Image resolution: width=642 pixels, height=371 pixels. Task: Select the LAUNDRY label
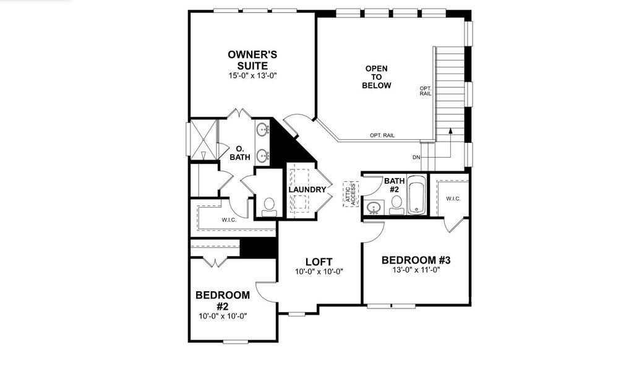pyautogui.click(x=307, y=189)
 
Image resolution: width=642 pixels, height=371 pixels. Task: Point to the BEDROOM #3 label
pyautogui.click(x=416, y=260)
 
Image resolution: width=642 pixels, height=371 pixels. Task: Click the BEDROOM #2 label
pyautogui.click(x=223, y=301)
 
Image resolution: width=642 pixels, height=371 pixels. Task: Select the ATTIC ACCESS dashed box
pyautogui.click(x=351, y=195)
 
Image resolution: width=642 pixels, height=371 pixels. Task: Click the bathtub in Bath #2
pyautogui.click(x=416, y=195)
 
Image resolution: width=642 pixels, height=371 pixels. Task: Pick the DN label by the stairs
pyautogui.click(x=416, y=157)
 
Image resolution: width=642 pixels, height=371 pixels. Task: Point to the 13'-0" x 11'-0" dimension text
pyautogui.click(x=416, y=270)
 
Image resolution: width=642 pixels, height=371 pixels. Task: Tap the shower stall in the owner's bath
pyautogui.click(x=202, y=141)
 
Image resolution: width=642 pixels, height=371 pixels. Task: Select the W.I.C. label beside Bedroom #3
pyautogui.click(x=453, y=198)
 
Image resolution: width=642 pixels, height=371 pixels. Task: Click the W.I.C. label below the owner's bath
pyautogui.click(x=229, y=220)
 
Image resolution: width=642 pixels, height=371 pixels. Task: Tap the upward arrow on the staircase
pyautogui.click(x=451, y=131)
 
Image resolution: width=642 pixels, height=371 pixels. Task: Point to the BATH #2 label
pyautogui.click(x=394, y=185)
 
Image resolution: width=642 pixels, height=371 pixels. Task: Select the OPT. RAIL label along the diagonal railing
pyautogui.click(x=382, y=135)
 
